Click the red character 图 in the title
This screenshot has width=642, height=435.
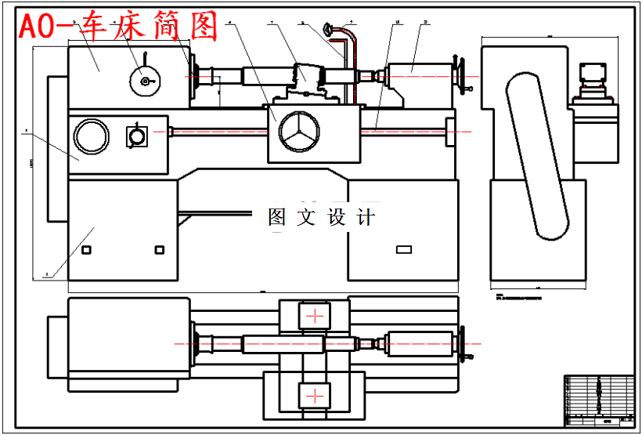click(202, 27)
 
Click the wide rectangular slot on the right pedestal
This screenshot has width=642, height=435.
click(404, 250)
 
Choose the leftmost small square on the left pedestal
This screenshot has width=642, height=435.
click(87, 250)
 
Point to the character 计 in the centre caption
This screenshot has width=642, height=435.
click(365, 217)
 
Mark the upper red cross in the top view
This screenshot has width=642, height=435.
click(315, 317)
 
